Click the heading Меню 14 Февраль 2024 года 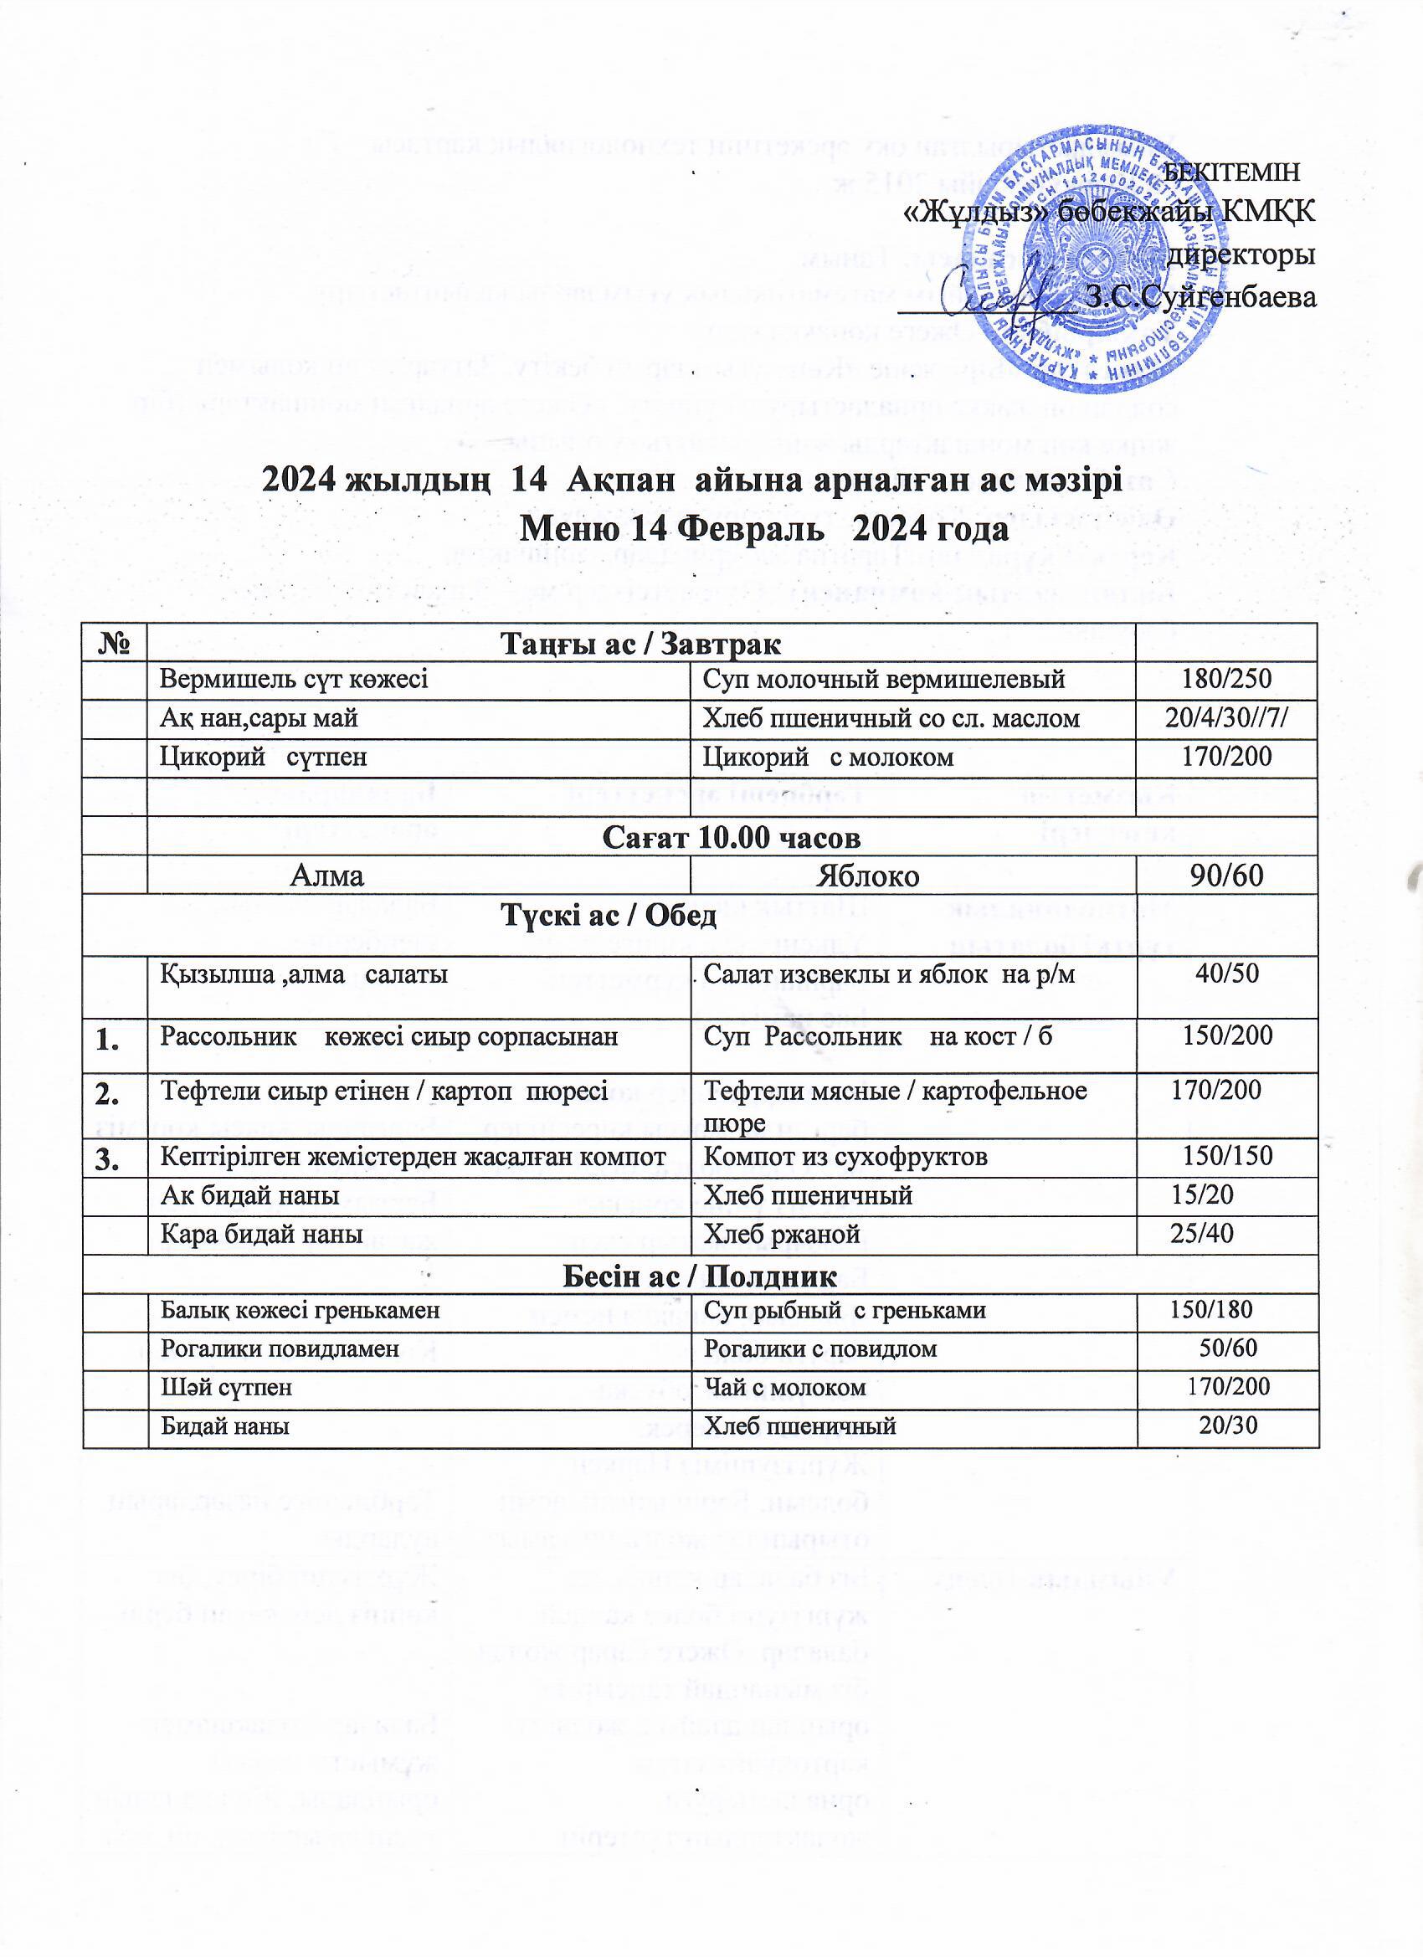[x=765, y=527]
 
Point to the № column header [x=115, y=643]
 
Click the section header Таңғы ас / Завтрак [x=641, y=643]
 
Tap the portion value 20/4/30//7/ [x=1226, y=719]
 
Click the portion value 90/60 [x=1226, y=876]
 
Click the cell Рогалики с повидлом [x=820, y=1349]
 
